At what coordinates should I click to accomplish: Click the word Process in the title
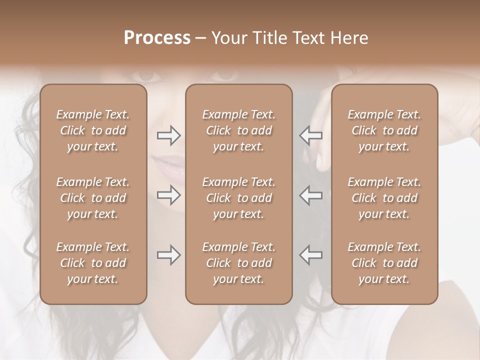[157, 38]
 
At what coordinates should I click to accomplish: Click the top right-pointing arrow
[168, 135]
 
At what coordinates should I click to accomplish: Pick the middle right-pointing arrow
[168, 195]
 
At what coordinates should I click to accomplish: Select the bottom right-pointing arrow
[168, 255]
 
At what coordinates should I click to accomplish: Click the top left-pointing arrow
[311, 135]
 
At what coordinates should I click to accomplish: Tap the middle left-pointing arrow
[311, 195]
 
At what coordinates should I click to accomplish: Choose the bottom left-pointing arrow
[311, 255]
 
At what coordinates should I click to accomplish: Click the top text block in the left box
[93, 130]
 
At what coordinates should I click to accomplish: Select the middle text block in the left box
[93, 198]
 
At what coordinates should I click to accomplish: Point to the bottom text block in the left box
[93, 263]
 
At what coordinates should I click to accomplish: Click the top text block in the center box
[238, 130]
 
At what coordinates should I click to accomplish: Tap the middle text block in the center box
[238, 198]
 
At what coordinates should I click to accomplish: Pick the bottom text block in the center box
[238, 263]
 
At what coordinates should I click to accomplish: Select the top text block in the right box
[384, 130]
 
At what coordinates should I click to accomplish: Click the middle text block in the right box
[384, 198]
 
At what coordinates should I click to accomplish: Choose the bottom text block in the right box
[384, 263]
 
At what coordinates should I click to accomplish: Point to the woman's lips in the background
[171, 167]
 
